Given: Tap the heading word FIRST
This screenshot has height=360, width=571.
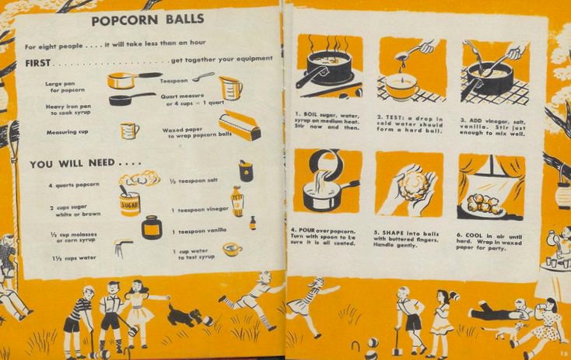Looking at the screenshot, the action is point(38,63).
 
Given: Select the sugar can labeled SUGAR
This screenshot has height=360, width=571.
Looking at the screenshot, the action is point(129,202).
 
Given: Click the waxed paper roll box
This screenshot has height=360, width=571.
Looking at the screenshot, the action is point(240,125).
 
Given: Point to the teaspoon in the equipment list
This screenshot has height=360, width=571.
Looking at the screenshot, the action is point(203,76).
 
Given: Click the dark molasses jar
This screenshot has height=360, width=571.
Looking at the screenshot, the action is point(152,227).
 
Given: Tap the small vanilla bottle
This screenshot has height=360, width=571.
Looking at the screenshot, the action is point(252,223).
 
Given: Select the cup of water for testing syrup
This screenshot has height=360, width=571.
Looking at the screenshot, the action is point(233,250).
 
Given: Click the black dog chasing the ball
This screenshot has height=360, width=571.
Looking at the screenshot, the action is point(184,316).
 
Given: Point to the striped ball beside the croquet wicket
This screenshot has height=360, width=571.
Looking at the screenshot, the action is point(372,344).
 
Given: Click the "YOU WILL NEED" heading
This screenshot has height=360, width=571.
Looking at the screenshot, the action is point(85,163).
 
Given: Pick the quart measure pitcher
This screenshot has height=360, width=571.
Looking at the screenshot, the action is point(230,88).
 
